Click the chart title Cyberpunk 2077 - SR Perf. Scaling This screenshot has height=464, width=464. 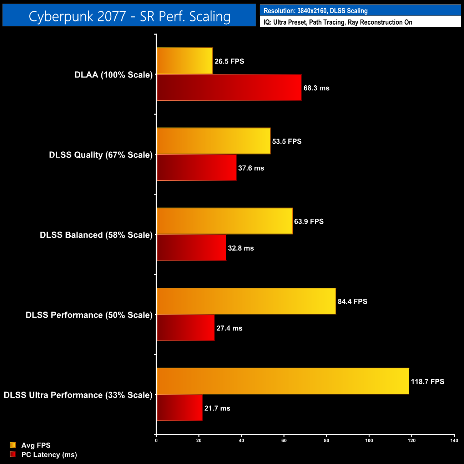coord(129,16)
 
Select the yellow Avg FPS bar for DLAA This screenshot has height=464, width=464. coord(185,61)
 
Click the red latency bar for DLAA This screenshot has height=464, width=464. coord(229,88)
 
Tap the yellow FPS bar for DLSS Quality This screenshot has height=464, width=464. coord(213,141)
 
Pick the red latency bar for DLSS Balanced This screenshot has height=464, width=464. coord(191,248)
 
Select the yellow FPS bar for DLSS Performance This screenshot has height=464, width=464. coord(246,301)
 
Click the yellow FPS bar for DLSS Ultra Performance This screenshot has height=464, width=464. coord(283,381)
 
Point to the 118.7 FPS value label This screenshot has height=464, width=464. coord(427,382)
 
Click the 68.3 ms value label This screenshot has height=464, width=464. coord(316,88)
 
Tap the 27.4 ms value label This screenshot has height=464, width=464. coord(229,328)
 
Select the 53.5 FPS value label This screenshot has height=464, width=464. coord(287,141)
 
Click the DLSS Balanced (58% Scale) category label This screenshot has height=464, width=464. coord(96,235)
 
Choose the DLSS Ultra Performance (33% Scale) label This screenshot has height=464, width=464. coord(78,395)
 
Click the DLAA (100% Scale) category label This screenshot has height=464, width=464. coord(114,75)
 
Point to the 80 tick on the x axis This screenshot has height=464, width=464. coord(326,440)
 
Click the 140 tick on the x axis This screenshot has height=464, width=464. coord(454,440)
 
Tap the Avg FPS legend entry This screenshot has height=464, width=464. coord(36,445)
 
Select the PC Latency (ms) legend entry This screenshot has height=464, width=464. coord(49,455)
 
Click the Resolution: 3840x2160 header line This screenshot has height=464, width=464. coord(316,11)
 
